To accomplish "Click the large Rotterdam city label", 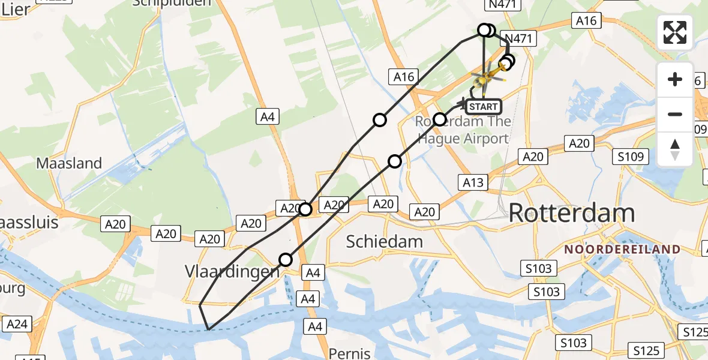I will [x=572, y=214].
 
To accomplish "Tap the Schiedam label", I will [x=385, y=242].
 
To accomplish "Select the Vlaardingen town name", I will [x=232, y=271].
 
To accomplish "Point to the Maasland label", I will [x=69, y=163].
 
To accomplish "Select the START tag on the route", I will [x=483, y=107].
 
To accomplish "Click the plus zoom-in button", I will [x=675, y=79].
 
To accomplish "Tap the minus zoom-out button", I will [x=675, y=114].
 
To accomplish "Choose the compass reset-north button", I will [x=675, y=149].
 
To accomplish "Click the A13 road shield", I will [x=473, y=182].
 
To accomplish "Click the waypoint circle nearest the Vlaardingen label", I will [x=286, y=260].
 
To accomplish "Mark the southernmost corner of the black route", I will [x=208, y=329].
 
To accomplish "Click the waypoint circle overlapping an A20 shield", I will [x=305, y=209].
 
